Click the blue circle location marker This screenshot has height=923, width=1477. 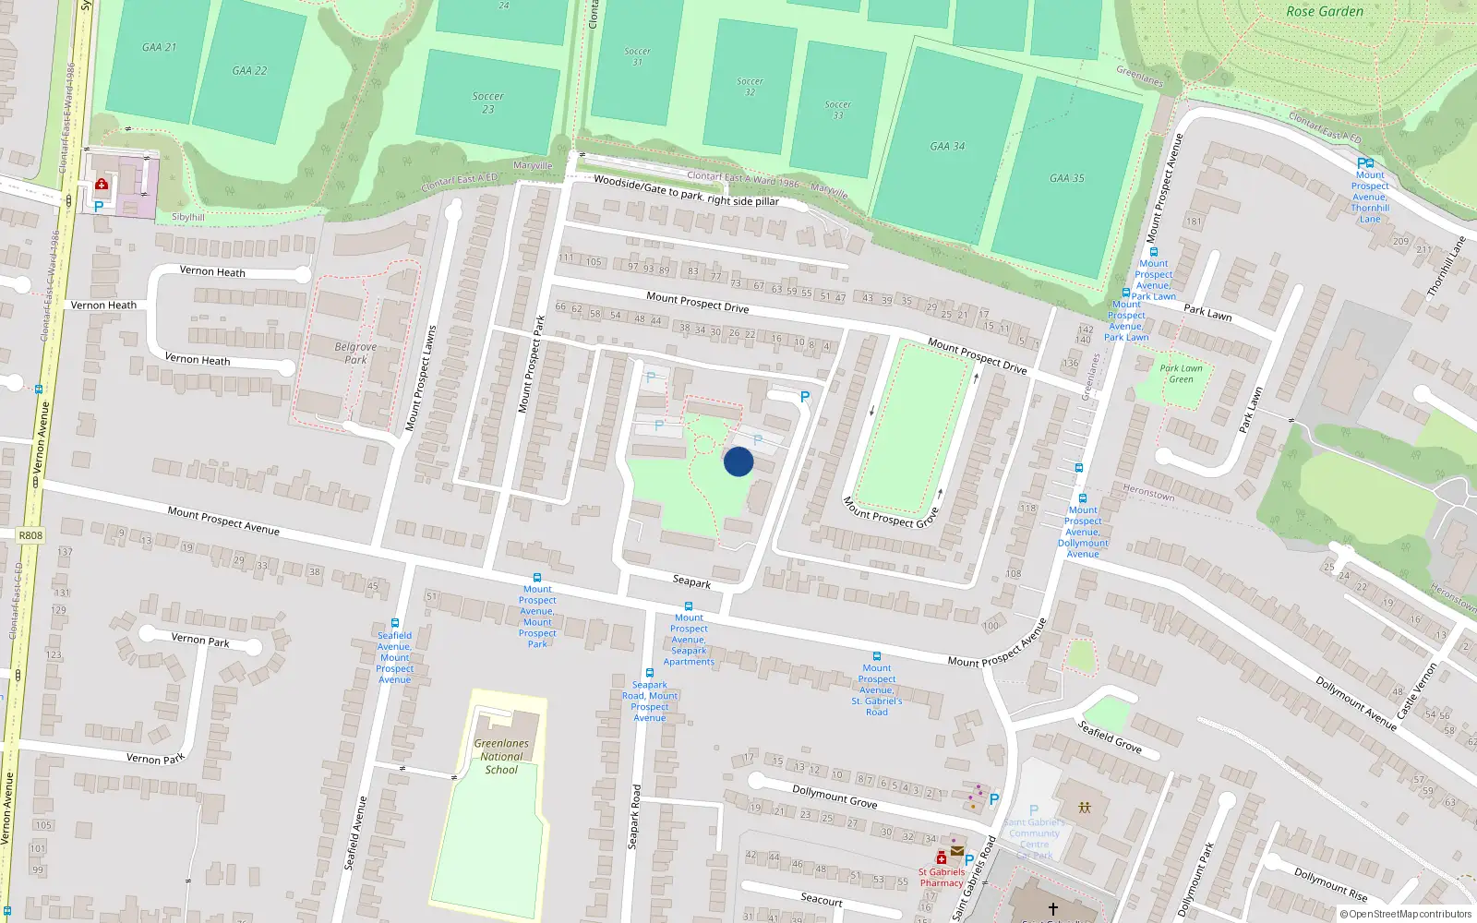click(x=738, y=461)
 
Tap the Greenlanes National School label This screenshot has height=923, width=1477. click(x=501, y=756)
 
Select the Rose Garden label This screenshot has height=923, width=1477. click(x=1325, y=12)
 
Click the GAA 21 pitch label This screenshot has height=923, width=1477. click(x=159, y=47)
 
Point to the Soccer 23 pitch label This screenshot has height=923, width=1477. click(x=487, y=102)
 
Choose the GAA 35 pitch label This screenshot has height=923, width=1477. click(x=1067, y=178)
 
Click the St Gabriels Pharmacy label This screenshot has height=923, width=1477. click(x=942, y=877)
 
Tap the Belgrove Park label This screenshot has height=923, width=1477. click(x=355, y=354)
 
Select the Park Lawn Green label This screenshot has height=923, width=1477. click(x=1181, y=374)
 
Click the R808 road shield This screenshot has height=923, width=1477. click(x=30, y=535)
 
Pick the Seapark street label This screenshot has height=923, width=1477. click(x=691, y=581)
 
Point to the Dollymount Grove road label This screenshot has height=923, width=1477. click(x=835, y=796)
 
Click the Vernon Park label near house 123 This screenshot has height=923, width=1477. click(x=200, y=640)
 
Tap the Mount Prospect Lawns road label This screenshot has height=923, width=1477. click(x=421, y=378)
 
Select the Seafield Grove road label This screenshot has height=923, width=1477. click(x=1110, y=737)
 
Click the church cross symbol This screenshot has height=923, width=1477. click(x=1052, y=909)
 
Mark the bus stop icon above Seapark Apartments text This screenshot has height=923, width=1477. click(x=689, y=606)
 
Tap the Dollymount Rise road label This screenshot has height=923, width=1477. click(x=1330, y=884)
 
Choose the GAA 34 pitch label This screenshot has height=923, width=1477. click(x=947, y=146)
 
